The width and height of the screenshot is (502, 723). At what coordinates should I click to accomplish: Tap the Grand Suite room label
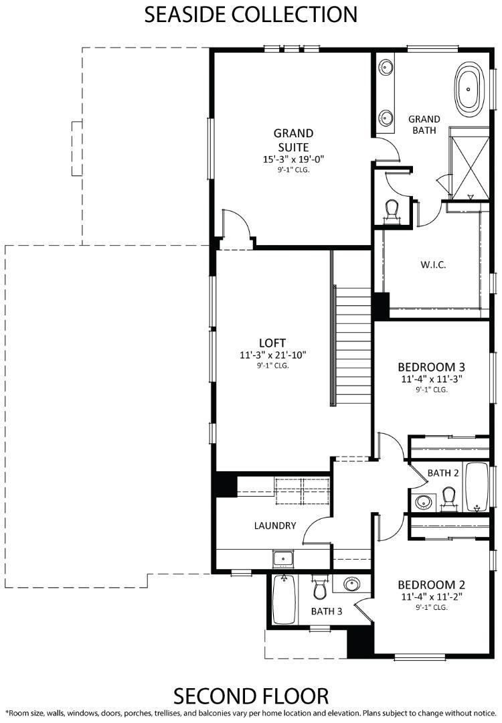click(293, 140)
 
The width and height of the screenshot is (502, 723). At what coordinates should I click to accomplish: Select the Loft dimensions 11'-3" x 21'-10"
click(273, 355)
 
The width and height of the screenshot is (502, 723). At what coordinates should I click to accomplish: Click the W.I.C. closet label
click(433, 264)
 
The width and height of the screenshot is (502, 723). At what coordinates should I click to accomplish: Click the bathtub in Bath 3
click(284, 599)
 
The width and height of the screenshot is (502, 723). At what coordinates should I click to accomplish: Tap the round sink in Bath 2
click(424, 501)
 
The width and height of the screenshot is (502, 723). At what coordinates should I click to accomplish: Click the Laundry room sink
click(283, 559)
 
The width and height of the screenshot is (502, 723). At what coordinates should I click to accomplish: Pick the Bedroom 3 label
click(432, 367)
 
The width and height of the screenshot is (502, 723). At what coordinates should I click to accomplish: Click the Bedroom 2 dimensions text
click(432, 596)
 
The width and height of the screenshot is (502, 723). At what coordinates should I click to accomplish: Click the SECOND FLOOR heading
click(251, 696)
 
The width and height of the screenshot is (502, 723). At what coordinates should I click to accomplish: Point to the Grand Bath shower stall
click(469, 164)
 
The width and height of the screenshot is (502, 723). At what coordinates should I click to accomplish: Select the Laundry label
click(275, 526)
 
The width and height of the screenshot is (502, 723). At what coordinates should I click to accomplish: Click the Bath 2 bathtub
click(477, 487)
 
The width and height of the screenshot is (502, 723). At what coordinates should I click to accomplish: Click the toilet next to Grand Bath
click(392, 210)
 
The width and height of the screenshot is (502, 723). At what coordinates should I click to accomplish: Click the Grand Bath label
click(424, 125)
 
